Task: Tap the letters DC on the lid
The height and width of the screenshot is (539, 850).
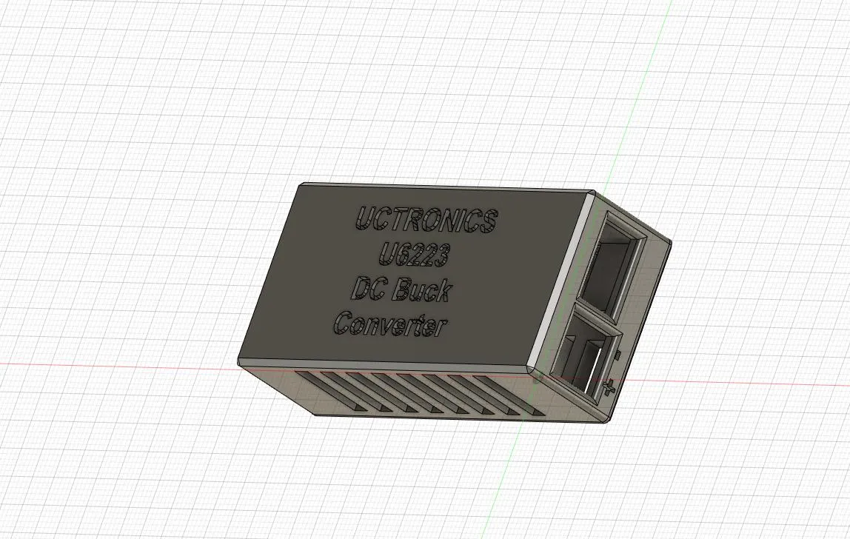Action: pyautogui.click(x=367, y=288)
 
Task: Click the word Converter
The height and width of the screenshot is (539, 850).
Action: pyautogui.click(x=391, y=325)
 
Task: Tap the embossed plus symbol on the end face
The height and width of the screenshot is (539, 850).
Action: pyautogui.click(x=609, y=386)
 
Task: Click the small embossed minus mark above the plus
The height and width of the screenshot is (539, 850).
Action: pyautogui.click(x=617, y=357)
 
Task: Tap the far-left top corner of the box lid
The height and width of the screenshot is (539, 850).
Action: pyautogui.click(x=301, y=184)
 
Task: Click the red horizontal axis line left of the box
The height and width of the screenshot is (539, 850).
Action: pyautogui.click(x=111, y=364)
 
